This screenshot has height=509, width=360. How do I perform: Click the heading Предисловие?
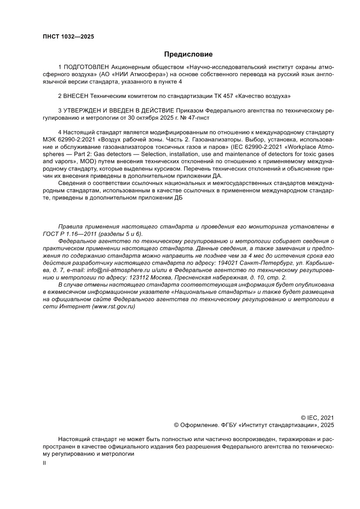pos(188,54)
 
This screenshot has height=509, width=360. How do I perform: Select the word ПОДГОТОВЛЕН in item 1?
pos(86,68)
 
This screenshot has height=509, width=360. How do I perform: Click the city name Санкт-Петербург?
pos(266,263)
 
